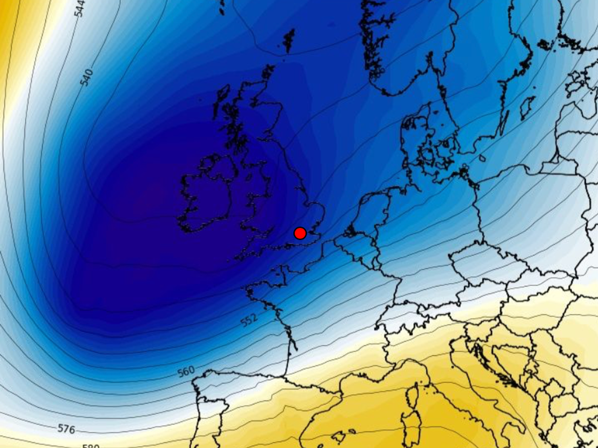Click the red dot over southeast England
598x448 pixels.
300,233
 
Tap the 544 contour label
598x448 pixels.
80,8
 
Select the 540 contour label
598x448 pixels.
87,77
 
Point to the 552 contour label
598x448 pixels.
249,320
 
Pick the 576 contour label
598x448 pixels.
66,429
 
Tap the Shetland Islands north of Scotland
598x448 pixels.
289,40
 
